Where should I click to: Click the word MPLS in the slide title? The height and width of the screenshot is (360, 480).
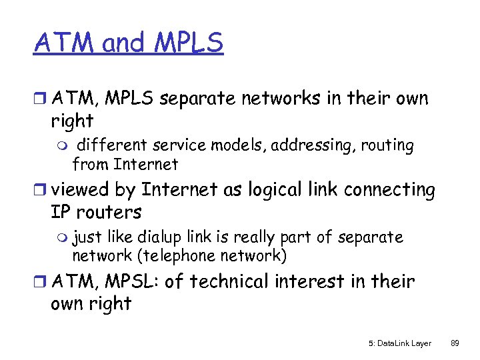pyautogui.click(x=189, y=43)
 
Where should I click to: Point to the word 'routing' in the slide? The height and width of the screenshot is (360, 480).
pyautogui.click(x=387, y=145)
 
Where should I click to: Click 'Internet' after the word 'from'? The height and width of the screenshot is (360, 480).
pyautogui.click(x=145, y=164)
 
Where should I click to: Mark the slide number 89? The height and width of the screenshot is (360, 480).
pyautogui.click(x=455, y=343)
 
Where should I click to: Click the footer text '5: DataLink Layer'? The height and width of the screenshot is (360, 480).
pyautogui.click(x=399, y=343)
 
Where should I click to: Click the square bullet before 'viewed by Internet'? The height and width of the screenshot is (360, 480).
pyautogui.click(x=41, y=191)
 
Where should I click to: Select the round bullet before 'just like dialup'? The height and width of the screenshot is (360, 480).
pyautogui.click(x=63, y=238)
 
